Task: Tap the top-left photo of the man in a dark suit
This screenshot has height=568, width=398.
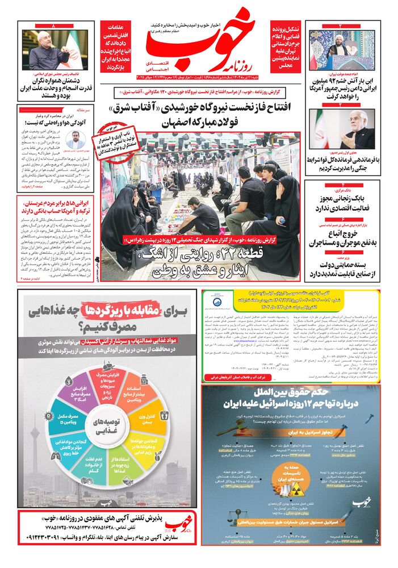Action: [56, 49]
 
